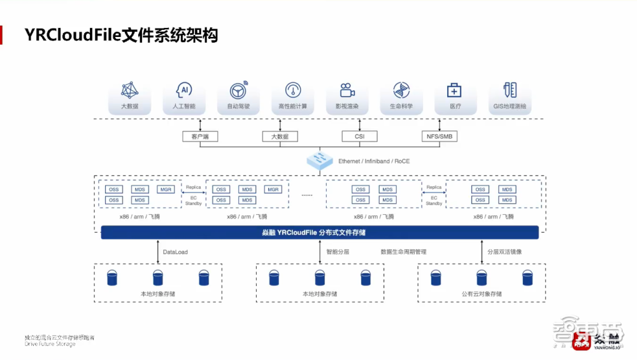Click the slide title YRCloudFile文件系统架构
pos(121,35)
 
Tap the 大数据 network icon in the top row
pos(129,89)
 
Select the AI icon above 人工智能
pos(184,89)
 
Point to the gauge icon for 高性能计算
pos(293,90)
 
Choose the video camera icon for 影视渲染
pos(347,90)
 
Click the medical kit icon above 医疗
pos(454,90)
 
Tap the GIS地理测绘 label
pos(509,106)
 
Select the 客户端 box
pos(199,136)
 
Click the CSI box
pos(360,136)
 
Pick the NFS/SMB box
pos(440,136)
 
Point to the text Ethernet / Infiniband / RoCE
pos(374,161)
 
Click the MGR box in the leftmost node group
pos(166,189)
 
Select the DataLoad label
pos(175,252)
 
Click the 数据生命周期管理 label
pos(403,252)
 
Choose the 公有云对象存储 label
pos(481,294)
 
